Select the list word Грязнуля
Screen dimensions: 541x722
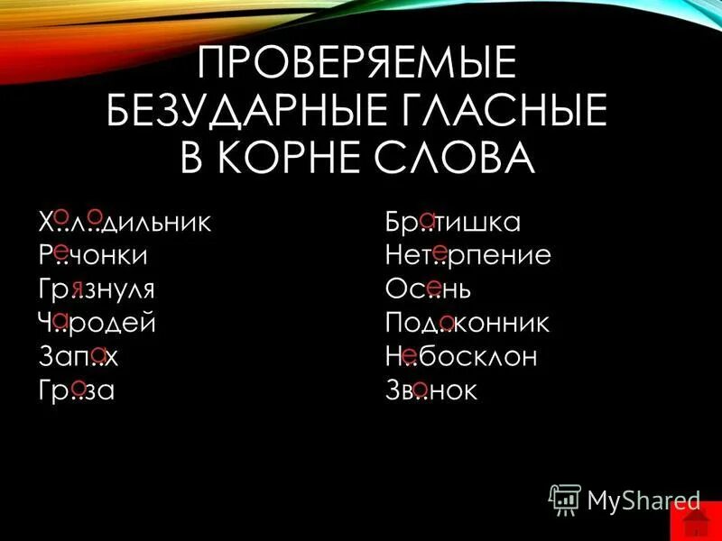(x=97, y=289)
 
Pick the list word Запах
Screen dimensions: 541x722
(x=79, y=356)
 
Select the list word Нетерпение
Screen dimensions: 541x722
(x=467, y=256)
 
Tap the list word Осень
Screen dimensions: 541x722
(x=428, y=289)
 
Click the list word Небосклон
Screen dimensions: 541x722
(x=461, y=356)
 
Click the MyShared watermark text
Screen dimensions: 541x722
(x=643, y=499)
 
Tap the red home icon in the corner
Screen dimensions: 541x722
(x=699, y=523)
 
